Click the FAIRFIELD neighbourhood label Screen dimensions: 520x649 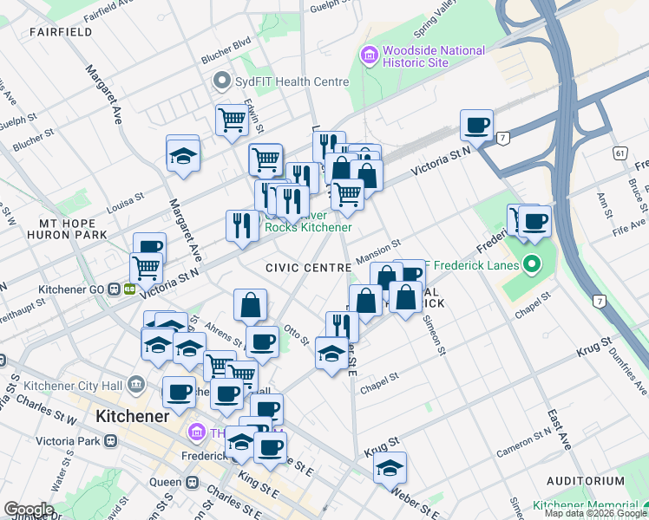[61, 32]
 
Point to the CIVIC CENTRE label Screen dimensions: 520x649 [303, 269]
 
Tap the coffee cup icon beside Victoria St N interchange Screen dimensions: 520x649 [476, 125]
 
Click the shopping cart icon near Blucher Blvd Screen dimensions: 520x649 [232, 120]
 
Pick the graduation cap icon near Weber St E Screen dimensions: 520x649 [390, 468]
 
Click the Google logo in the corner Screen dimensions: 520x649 [28, 509]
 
